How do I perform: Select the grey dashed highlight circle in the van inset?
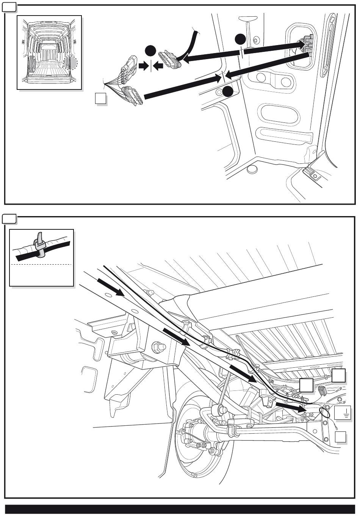tap(70, 63)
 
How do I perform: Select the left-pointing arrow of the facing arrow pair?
tap(159, 66)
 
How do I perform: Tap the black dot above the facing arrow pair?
tap(151, 51)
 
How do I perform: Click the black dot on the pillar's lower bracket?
tap(228, 91)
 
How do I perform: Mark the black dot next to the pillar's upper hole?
tap(240, 39)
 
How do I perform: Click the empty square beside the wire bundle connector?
tap(100, 99)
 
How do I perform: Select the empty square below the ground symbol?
tap(341, 437)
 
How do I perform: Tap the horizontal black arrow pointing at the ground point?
tap(291, 407)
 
